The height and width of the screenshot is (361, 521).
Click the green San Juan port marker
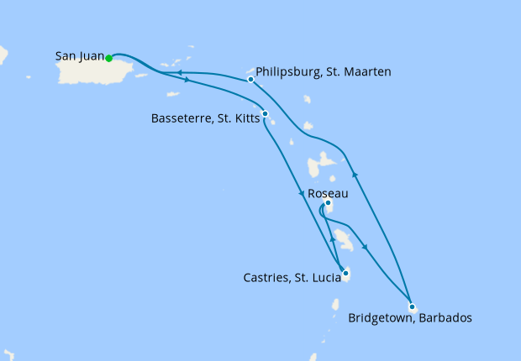(109, 58)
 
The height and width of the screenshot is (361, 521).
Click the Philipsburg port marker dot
(251, 80)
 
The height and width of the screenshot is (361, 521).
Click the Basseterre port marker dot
(265, 113)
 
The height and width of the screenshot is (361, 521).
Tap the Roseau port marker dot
(328, 203)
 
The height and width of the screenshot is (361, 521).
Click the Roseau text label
(328, 193)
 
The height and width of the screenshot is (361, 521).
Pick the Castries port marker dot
(345, 272)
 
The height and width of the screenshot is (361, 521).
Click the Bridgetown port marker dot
(411, 306)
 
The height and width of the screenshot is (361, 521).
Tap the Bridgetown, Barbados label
(409, 319)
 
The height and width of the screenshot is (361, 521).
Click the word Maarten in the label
(368, 72)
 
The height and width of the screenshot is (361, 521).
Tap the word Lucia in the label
(324, 278)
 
